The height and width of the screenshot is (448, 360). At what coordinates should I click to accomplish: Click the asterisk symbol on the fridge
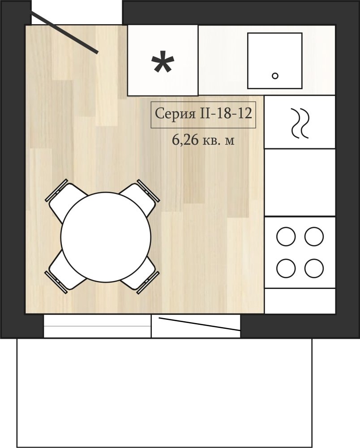click(x=163, y=62)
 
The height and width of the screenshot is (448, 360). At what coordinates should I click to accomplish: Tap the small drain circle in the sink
click(x=275, y=76)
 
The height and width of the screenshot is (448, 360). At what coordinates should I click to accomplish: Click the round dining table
click(x=106, y=237)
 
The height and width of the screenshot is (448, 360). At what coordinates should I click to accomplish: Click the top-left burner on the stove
click(x=286, y=236)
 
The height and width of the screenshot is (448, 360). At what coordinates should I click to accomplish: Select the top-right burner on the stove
click(x=314, y=236)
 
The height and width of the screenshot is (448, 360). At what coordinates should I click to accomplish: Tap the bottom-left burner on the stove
click(x=286, y=268)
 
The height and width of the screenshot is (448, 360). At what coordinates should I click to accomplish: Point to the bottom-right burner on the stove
click(x=314, y=268)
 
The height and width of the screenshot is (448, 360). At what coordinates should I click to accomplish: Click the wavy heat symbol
click(x=300, y=123)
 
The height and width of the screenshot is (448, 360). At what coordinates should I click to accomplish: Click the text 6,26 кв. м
click(x=203, y=140)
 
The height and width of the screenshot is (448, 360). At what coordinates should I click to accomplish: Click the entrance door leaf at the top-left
click(x=64, y=32)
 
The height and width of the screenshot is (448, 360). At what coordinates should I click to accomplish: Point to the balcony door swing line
click(x=199, y=324)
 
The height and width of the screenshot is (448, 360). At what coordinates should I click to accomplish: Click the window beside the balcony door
click(x=97, y=326)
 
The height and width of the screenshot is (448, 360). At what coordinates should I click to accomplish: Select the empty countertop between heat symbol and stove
click(x=300, y=182)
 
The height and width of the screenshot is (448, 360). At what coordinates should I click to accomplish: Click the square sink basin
click(x=274, y=60)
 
